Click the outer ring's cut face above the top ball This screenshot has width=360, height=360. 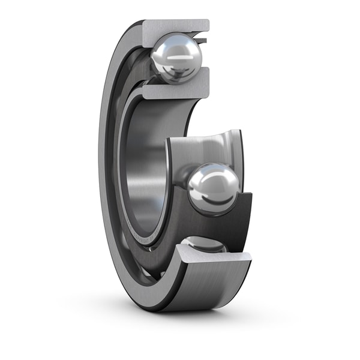(177, 26)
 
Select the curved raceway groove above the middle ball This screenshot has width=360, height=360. (207, 147)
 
